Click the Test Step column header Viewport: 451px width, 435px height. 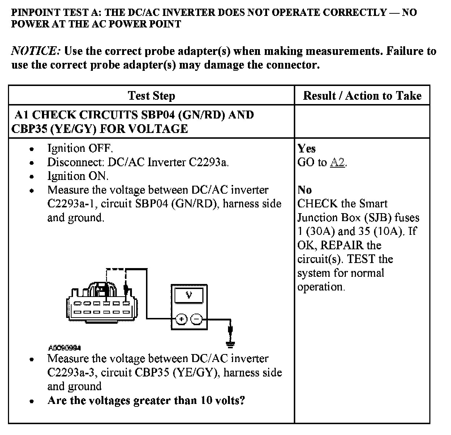pyautogui.click(x=151, y=96)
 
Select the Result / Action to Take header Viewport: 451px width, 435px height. pyautogui.click(x=362, y=96)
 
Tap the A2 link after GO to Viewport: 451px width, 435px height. pyautogui.click(x=338, y=163)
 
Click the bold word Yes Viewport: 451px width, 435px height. pyautogui.click(x=306, y=148)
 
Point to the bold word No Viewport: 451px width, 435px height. pyautogui.click(x=305, y=190)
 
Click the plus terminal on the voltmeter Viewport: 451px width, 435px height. pyautogui.click(x=181, y=319)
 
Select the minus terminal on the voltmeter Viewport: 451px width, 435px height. pyautogui.click(x=197, y=319)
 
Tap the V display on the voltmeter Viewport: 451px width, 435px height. pyautogui.click(x=189, y=296)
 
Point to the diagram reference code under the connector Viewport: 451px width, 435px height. pyautogui.click(x=64, y=348)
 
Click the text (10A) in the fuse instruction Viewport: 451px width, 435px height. pyautogui.click(x=386, y=232)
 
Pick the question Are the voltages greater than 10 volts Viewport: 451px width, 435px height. pyautogui.click(x=146, y=400)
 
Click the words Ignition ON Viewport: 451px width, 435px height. pyautogui.click(x=78, y=176)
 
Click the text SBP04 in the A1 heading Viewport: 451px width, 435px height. pyautogui.click(x=156, y=115)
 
